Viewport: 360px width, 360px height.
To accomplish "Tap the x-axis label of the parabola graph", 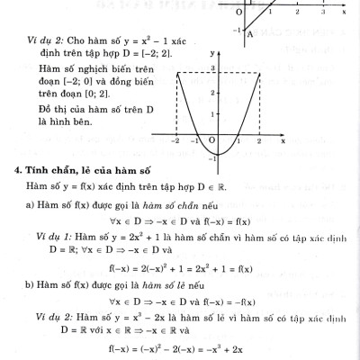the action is tap(283, 140).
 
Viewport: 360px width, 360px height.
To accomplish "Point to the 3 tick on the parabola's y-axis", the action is tap(211, 69).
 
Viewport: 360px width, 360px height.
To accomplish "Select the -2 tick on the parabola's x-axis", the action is tap(176, 141).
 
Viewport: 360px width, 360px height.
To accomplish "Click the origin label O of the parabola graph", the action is tap(211, 141).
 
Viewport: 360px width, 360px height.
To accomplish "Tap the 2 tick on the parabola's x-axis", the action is tap(258, 141).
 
